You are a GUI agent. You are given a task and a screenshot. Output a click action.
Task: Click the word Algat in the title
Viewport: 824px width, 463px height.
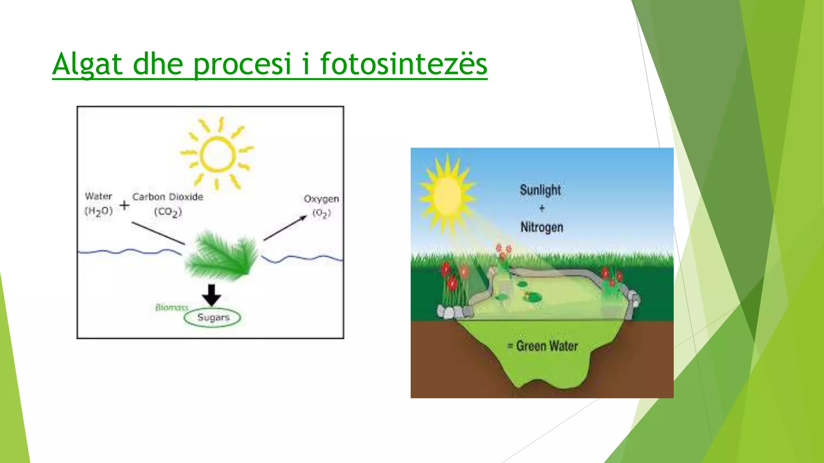click(87, 64)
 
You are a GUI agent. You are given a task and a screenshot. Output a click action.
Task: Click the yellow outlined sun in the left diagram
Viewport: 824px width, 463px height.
click(217, 154)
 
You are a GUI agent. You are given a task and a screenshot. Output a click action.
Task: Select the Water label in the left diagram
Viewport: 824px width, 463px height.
click(99, 197)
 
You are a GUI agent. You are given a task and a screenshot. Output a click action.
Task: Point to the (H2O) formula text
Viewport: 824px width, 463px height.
click(99, 211)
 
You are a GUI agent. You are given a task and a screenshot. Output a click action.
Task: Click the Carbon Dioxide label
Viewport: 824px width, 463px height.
click(168, 197)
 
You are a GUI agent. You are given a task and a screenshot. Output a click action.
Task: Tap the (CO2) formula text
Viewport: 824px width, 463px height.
click(168, 212)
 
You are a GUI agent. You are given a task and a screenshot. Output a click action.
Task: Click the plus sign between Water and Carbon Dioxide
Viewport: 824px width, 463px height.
click(124, 205)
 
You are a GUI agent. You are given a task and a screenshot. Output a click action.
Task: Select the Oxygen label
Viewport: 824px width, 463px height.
click(321, 199)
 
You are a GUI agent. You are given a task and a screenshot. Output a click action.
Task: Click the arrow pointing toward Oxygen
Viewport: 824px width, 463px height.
click(285, 228)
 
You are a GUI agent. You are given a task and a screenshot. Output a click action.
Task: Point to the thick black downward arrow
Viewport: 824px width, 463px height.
click(211, 295)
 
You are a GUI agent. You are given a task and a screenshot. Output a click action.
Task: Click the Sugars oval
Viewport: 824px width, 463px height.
click(212, 318)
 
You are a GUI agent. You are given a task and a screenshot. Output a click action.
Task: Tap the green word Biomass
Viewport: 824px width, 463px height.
click(172, 307)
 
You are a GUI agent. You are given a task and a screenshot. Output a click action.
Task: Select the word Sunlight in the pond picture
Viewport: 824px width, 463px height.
click(540, 190)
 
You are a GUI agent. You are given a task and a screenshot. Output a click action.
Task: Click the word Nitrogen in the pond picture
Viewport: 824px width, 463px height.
click(542, 227)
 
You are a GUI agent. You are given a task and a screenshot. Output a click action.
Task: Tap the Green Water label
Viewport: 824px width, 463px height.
click(546, 346)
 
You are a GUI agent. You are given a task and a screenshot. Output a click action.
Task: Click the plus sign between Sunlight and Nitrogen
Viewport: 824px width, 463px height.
click(542, 208)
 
